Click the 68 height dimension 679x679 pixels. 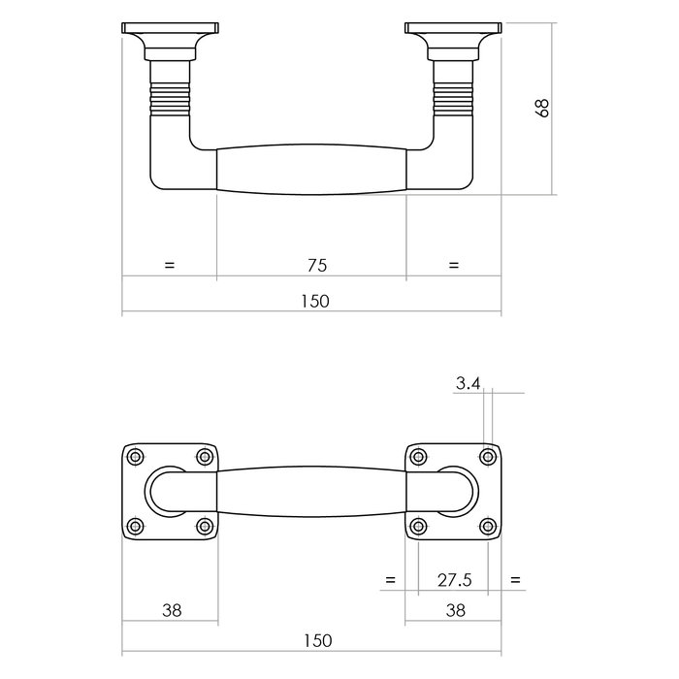click(544, 108)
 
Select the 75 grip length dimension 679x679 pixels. click(316, 264)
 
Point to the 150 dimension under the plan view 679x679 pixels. click(316, 640)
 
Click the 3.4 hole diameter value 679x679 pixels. click(468, 384)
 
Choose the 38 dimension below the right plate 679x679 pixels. click(454, 610)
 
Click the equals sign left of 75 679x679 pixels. click(170, 264)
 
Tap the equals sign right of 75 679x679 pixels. click(453, 264)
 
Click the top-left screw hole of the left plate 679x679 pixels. click(135, 457)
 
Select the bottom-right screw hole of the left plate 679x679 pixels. click(204, 526)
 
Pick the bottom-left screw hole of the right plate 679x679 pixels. click(418, 526)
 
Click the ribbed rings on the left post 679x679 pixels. click(168, 97)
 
